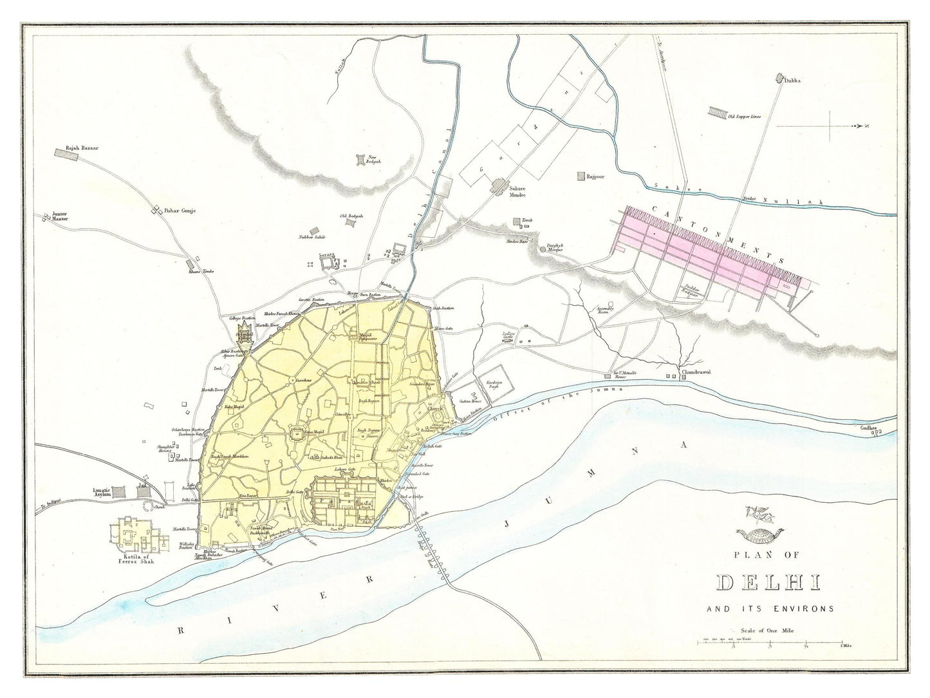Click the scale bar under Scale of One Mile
click(x=770, y=643)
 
